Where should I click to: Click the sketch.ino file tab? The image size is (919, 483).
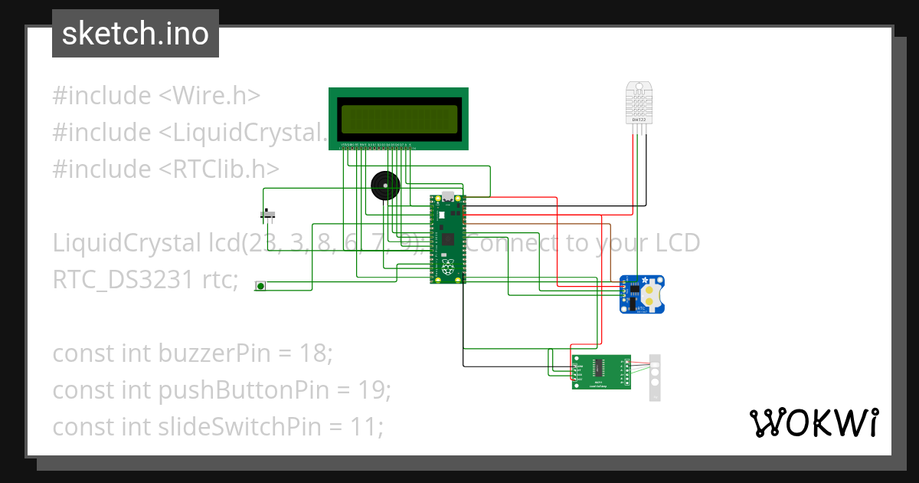pos(136,34)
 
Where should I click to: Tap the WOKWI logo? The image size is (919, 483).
pos(813,422)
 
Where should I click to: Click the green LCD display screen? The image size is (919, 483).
pos(398,119)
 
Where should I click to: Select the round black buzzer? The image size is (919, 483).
pos(385,186)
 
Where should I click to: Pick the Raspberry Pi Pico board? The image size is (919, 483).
pos(448,239)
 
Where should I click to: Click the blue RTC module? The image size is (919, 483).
pos(642,294)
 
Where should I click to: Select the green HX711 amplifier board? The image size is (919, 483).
pos(601,372)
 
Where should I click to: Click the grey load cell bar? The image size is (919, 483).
pos(655,377)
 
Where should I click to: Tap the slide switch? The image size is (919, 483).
pos(268,214)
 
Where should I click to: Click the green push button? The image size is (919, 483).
pos(260,286)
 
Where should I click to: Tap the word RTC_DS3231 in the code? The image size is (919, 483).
pos(123,280)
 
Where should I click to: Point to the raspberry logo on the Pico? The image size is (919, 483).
pos(447,268)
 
